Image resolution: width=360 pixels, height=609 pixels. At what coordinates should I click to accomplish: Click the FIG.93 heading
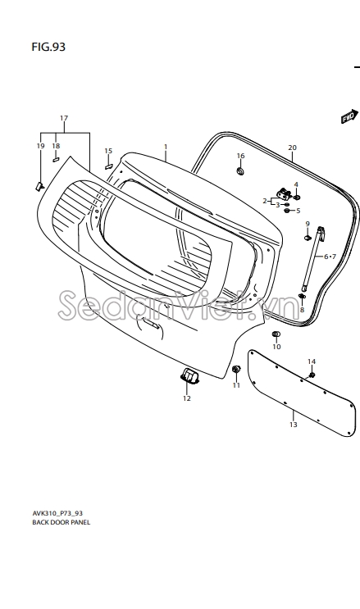pyautogui.click(x=48, y=47)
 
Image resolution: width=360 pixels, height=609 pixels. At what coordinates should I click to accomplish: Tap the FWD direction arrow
pyautogui.click(x=349, y=116)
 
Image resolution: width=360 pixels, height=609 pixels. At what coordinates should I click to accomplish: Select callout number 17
pyautogui.click(x=64, y=118)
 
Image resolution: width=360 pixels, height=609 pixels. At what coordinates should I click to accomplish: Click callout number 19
pyautogui.click(x=40, y=146)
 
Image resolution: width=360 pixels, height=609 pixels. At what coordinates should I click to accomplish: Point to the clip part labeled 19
pyautogui.click(x=39, y=186)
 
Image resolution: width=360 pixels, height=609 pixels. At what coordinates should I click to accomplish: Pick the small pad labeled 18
pyautogui.click(x=56, y=159)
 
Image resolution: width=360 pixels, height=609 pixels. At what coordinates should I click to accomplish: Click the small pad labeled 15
pyautogui.click(x=108, y=166)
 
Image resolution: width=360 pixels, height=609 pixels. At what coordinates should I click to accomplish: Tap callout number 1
pyautogui.click(x=166, y=147)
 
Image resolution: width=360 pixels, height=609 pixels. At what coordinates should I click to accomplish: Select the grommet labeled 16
pyautogui.click(x=240, y=170)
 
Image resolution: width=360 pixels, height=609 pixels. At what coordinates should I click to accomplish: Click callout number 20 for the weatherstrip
pyautogui.click(x=293, y=148)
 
